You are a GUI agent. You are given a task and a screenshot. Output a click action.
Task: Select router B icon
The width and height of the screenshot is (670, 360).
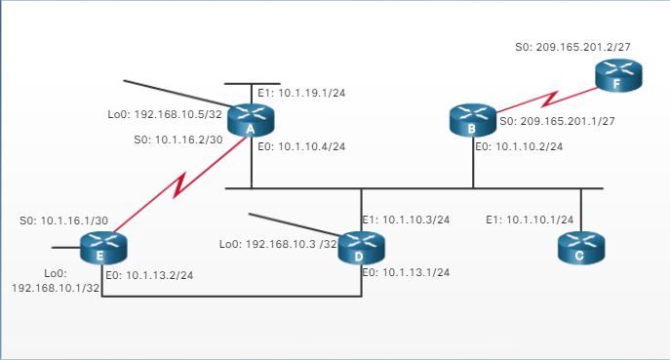coord(474,121)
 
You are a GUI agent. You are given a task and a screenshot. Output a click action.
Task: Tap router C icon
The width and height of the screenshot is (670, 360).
coord(581,247)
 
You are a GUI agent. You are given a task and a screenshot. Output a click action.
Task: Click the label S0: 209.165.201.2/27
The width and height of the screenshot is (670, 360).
coord(569,47)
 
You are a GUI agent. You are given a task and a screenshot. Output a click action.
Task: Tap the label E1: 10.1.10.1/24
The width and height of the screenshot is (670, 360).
coord(530,220)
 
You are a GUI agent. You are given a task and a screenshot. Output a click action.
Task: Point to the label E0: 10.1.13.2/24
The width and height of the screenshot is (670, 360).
coord(148,275)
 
